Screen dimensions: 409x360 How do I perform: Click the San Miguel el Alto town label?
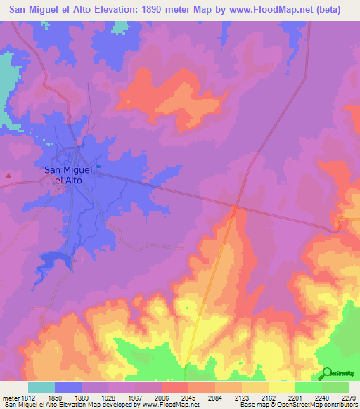pos(68,174)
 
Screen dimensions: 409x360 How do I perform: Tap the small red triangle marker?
pos(8,175)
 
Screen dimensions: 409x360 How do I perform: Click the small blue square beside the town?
pos(98,167)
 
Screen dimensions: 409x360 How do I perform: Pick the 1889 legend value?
pos(82,398)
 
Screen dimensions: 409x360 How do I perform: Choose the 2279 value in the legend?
pos(349,398)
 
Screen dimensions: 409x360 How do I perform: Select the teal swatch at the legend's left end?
pos(41,387)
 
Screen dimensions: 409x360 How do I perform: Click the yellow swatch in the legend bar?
pos(282,387)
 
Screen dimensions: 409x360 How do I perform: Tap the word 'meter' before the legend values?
pos(8,398)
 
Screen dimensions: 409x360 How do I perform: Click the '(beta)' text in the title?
pos(327,10)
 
